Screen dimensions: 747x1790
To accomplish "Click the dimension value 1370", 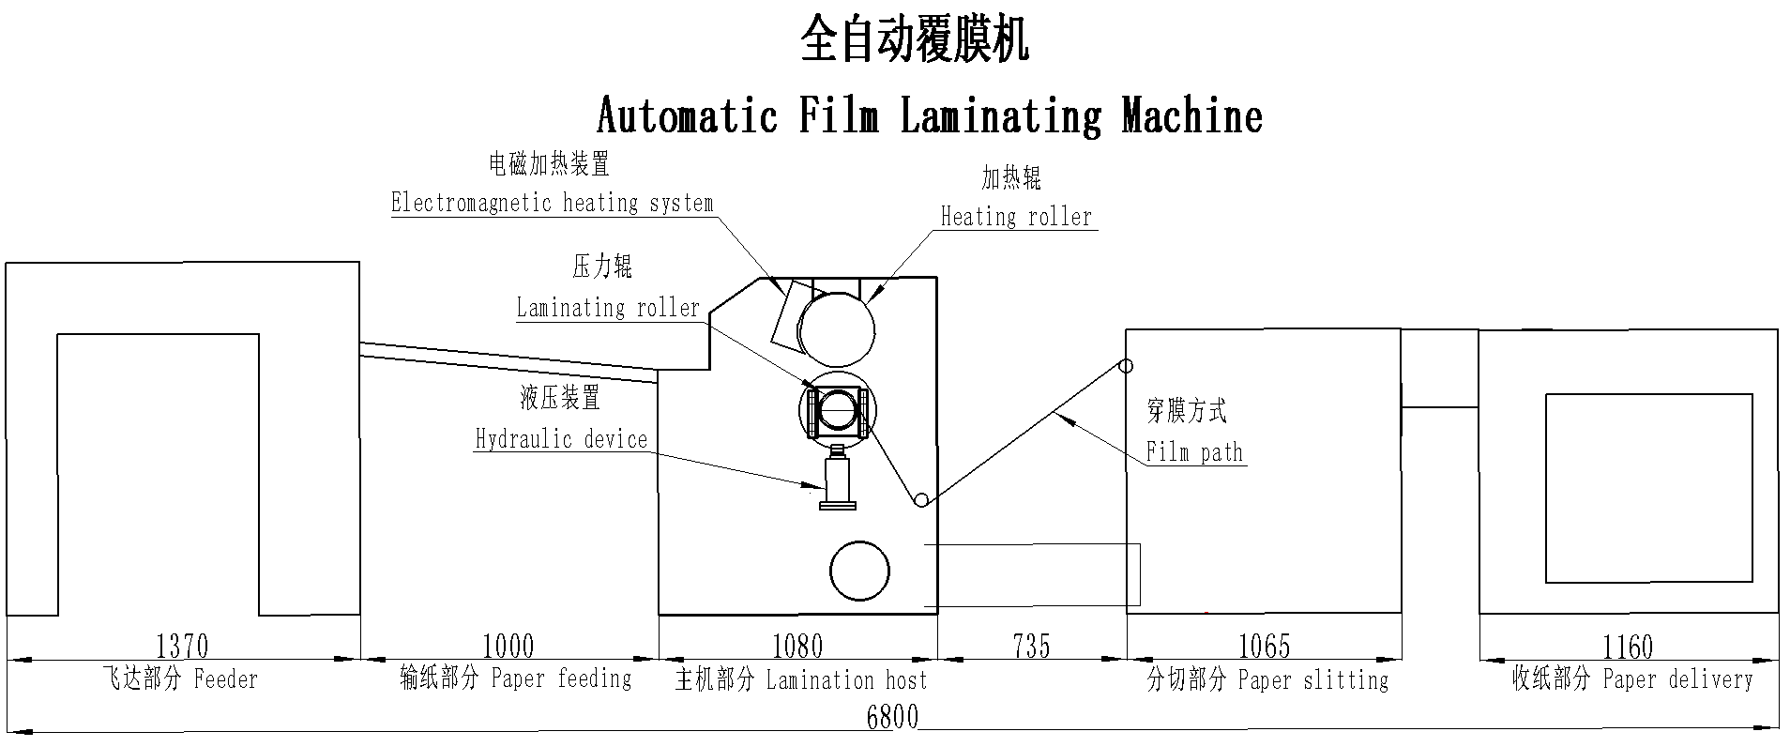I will [x=182, y=646].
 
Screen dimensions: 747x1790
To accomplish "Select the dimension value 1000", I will [x=508, y=646].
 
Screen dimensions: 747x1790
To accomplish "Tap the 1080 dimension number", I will [x=796, y=646].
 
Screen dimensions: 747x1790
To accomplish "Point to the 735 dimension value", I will [x=1031, y=646].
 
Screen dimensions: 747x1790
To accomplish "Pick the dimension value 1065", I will [x=1264, y=646].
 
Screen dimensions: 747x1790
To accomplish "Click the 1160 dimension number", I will [x=1627, y=646].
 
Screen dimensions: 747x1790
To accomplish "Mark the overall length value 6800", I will [x=892, y=718].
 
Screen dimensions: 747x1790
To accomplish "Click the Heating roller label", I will [x=1016, y=217].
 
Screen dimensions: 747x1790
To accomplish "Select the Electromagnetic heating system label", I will [x=552, y=203].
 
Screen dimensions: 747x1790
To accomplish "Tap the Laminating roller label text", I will [x=608, y=308].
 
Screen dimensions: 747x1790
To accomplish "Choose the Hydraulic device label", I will [x=561, y=439].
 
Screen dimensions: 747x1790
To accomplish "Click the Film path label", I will [x=1194, y=452].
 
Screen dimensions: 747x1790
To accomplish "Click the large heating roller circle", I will [x=836, y=329].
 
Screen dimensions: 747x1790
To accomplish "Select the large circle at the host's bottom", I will [x=859, y=571].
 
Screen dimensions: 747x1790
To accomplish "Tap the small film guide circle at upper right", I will [x=1126, y=365].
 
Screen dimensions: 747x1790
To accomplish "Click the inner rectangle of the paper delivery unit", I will [x=1648, y=488].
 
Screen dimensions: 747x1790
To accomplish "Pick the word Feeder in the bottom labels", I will [x=226, y=678].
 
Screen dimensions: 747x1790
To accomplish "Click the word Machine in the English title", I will [x=1191, y=116].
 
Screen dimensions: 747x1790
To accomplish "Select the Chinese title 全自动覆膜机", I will [x=915, y=42].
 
